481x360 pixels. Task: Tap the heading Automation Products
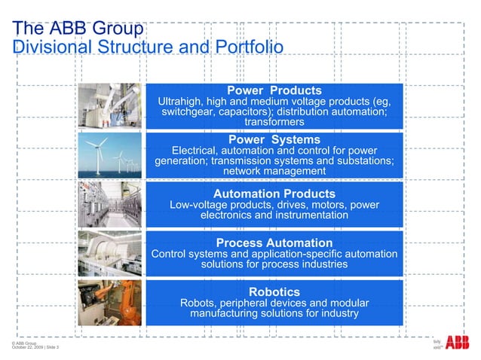(274, 194)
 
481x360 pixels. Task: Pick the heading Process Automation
(274, 243)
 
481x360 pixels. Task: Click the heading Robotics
(274, 291)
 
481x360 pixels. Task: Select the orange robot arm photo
(111, 301)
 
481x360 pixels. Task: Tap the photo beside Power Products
(111, 105)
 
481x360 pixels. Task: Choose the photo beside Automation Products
(111, 203)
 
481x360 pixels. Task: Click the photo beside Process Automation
(111, 252)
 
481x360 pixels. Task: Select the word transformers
(274, 122)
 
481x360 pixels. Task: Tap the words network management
(274, 172)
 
